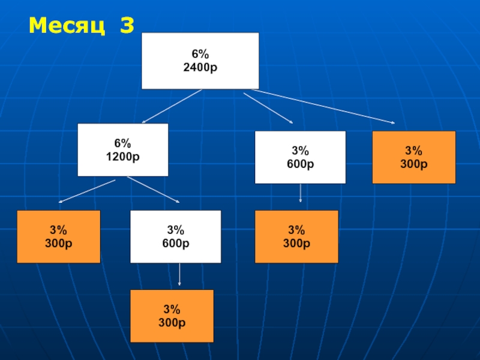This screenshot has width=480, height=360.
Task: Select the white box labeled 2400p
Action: tap(200, 60)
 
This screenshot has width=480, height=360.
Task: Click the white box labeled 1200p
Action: tap(122, 149)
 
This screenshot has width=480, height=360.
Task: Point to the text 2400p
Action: tap(200, 67)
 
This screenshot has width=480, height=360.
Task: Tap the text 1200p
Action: tap(122, 157)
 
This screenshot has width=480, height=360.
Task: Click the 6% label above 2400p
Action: tap(200, 55)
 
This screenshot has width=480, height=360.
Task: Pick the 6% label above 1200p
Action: tap(122, 144)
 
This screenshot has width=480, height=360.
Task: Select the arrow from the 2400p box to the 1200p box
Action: tap(172, 106)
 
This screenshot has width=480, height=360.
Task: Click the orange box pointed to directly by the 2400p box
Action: tap(413, 157)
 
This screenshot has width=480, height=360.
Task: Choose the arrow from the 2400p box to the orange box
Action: tap(324, 107)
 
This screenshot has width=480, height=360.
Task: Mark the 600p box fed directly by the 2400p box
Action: tap(300, 157)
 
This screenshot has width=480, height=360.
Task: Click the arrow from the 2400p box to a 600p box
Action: tap(268, 107)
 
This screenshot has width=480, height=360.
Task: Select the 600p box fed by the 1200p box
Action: tap(175, 236)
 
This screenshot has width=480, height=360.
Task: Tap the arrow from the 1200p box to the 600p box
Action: tap(154, 190)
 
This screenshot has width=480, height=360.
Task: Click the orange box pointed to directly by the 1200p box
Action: tap(58, 236)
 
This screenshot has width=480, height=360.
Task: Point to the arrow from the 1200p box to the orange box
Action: tap(87, 190)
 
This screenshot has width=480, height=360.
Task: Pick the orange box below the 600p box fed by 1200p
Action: tap(172, 316)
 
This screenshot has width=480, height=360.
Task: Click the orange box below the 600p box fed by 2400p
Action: tap(296, 236)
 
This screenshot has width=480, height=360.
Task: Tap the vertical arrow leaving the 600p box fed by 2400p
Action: tap(300, 193)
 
